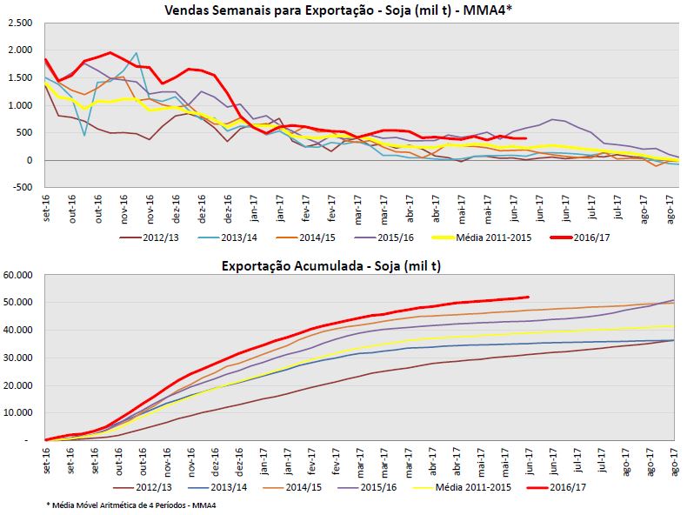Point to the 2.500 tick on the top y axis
tap(17, 23)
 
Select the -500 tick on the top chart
tap(21, 188)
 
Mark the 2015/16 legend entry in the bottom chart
tap(380, 487)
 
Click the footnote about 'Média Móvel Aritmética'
tap(130, 505)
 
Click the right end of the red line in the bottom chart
tap(529, 297)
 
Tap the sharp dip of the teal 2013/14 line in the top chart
tap(84, 135)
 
